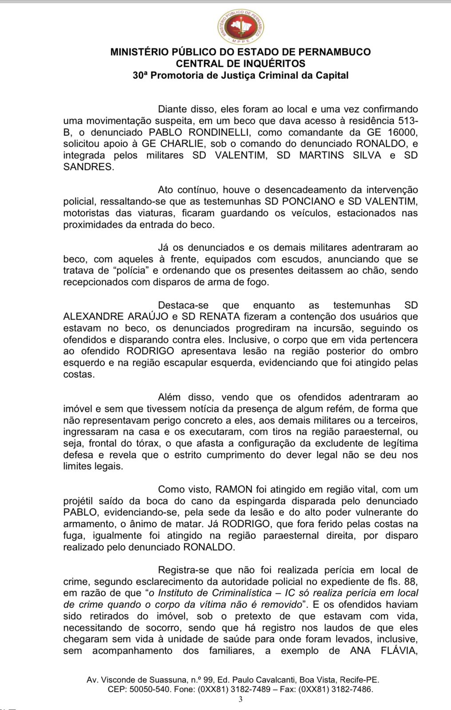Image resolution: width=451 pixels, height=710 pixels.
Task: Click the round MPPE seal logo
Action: (241, 27)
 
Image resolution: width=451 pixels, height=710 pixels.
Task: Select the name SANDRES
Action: (88, 167)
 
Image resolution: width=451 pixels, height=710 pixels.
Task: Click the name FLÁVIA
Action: (399, 651)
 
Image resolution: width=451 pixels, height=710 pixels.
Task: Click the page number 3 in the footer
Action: (241, 700)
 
